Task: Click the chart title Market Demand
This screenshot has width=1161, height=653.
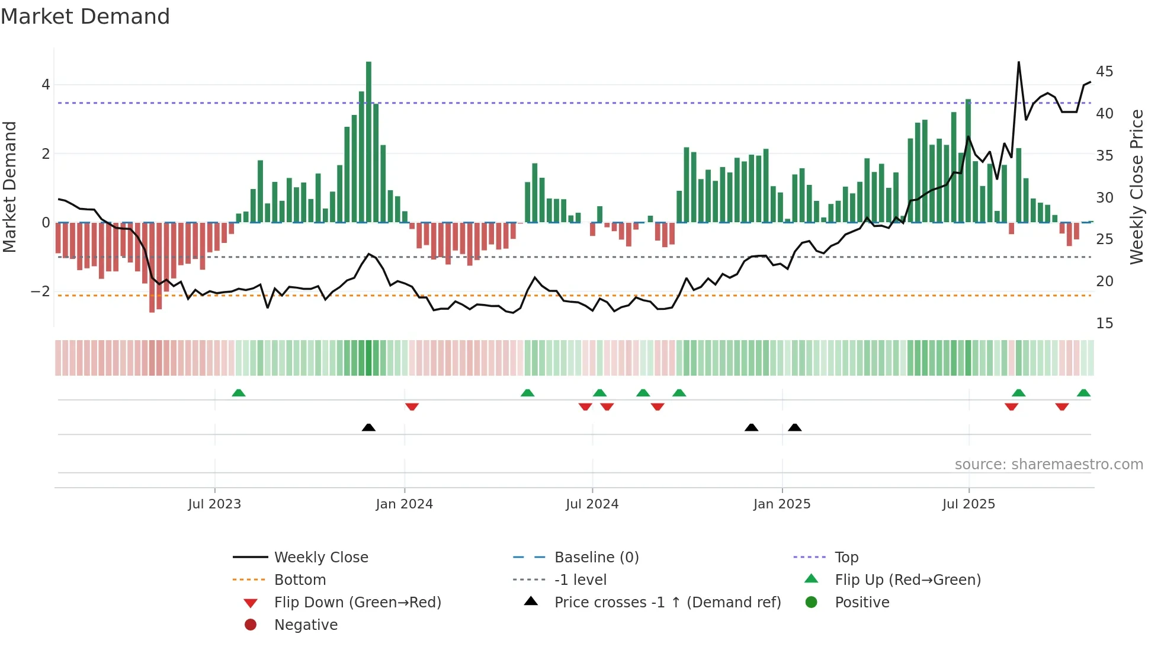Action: pos(85,17)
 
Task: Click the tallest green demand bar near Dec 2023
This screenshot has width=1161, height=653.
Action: pos(368,142)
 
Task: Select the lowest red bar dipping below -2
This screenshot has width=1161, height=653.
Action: pos(152,267)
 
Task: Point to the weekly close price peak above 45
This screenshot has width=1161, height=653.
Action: pos(1019,63)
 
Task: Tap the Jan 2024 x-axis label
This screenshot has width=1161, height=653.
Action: pos(404,504)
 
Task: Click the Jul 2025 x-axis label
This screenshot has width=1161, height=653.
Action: pos(968,504)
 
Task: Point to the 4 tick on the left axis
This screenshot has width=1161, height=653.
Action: pos(46,85)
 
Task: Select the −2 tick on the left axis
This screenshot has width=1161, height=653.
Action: pos(40,292)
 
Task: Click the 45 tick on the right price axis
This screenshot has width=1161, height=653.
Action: pos(1104,72)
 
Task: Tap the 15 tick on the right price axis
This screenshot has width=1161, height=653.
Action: pos(1104,324)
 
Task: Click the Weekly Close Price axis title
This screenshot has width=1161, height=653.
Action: pos(1136,187)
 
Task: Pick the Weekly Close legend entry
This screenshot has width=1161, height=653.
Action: pos(320,558)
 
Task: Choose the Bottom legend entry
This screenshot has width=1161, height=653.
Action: pos(300,580)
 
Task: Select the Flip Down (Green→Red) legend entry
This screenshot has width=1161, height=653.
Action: pos(357,603)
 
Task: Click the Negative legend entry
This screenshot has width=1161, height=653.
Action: pos(306,625)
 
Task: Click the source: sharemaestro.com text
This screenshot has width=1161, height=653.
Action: pos(1048,465)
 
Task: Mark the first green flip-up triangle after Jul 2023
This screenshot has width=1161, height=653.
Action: pos(239,393)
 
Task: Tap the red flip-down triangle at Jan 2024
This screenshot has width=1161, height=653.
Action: pos(412,406)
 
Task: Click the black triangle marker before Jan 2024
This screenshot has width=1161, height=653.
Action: pos(368,427)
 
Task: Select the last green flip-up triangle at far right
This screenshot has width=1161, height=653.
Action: pos(1083,393)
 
